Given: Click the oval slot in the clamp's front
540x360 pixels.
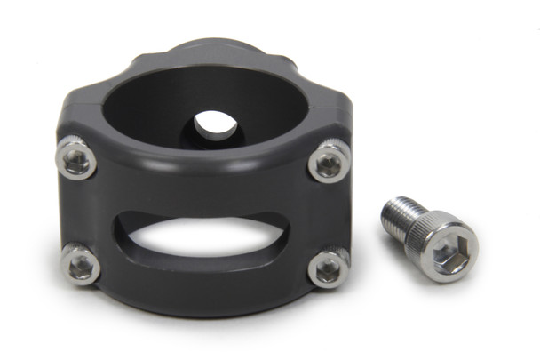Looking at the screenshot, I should point(202,244).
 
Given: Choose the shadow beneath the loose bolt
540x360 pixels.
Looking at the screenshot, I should point(444,283).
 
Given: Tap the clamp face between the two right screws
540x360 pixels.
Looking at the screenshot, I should point(330,215).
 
